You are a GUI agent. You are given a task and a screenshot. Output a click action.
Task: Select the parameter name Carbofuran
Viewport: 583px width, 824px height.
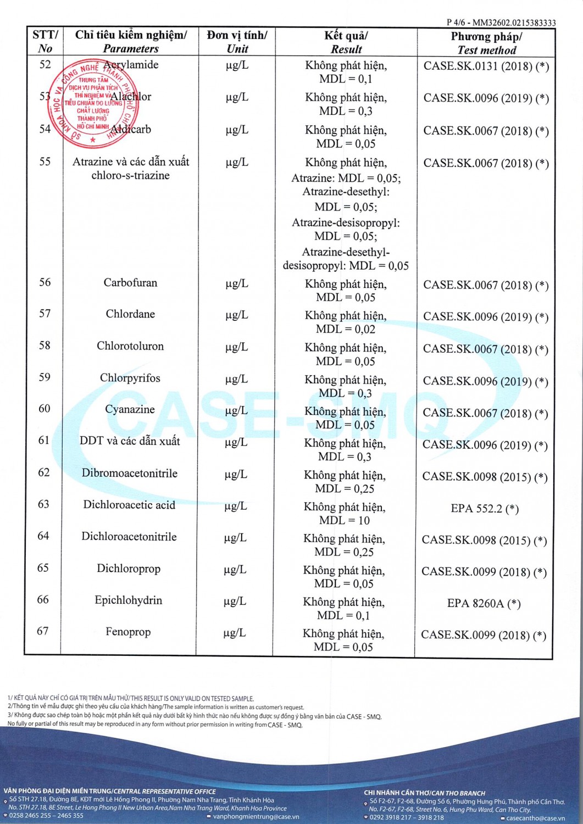click(130, 283)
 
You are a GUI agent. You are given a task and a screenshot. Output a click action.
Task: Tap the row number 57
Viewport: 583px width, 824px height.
click(45, 314)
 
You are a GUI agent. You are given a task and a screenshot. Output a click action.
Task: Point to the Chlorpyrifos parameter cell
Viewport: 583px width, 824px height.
click(130, 378)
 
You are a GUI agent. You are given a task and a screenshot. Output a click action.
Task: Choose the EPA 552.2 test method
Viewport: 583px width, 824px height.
click(485, 509)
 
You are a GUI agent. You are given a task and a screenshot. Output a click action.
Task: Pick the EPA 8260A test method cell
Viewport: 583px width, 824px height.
click(484, 604)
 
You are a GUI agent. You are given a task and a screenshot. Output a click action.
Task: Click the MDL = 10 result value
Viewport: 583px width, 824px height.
click(345, 520)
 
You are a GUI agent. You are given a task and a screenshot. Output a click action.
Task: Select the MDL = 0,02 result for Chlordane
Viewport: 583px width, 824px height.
click(346, 329)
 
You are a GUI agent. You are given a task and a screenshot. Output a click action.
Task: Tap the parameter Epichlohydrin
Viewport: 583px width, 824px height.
click(129, 600)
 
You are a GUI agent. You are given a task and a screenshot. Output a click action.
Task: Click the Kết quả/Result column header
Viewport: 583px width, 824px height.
click(346, 42)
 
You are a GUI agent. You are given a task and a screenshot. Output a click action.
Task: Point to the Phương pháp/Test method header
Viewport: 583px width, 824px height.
click(486, 43)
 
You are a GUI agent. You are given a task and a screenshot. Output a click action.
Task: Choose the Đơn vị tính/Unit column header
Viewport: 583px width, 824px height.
click(237, 42)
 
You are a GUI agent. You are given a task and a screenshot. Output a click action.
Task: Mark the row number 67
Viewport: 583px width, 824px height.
click(43, 631)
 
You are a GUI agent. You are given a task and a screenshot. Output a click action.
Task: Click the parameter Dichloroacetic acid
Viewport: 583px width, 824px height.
click(129, 505)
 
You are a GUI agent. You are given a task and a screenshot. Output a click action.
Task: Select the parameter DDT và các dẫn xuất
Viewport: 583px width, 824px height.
click(130, 441)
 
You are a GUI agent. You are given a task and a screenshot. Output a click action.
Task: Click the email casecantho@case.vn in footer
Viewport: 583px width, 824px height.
click(535, 818)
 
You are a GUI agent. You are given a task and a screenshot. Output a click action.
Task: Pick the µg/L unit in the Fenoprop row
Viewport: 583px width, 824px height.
click(235, 633)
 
